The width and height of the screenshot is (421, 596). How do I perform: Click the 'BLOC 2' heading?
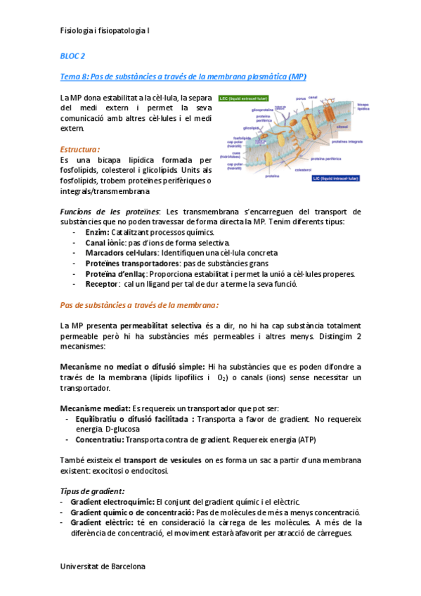(72, 56)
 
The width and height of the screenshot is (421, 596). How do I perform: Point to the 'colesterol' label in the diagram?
(304, 170)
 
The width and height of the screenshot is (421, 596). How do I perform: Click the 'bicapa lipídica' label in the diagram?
(363, 107)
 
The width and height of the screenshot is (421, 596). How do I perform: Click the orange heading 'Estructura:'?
(79, 149)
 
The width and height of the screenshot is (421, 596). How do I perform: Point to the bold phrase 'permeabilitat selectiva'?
(161, 326)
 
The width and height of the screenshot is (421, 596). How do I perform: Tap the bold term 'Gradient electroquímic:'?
(112, 502)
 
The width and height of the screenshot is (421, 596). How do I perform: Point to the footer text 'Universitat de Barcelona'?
(103, 566)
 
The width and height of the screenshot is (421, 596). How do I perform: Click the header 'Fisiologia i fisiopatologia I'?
(105, 31)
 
